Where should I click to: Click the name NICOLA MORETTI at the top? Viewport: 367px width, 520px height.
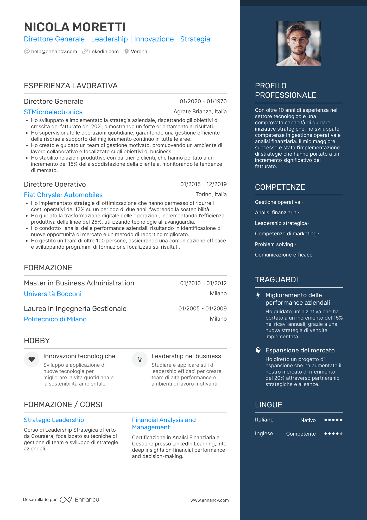click(x=75, y=27)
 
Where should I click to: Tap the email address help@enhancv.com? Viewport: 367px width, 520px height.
click(x=54, y=52)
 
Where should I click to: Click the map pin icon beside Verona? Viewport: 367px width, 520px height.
click(x=126, y=52)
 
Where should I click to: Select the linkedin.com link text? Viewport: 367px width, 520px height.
click(x=104, y=52)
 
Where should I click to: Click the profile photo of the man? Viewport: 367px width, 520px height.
click(x=299, y=43)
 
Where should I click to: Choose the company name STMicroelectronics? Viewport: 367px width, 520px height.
click(x=53, y=112)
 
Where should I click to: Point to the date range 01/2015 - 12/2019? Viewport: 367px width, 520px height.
click(x=203, y=184)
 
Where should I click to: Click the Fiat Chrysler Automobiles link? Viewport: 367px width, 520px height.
click(x=63, y=195)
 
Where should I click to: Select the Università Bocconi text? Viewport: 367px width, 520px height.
click(x=53, y=294)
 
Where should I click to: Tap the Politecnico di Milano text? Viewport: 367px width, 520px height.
click(x=55, y=319)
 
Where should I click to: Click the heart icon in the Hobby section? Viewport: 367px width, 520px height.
click(x=31, y=359)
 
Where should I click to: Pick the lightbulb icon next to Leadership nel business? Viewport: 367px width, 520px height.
click(x=140, y=359)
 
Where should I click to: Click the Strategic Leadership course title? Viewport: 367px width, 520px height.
click(x=54, y=420)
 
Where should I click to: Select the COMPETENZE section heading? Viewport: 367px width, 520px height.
click(x=280, y=187)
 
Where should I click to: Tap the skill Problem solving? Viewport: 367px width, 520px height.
click(x=274, y=244)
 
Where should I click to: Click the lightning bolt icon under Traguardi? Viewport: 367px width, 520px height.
click(x=258, y=295)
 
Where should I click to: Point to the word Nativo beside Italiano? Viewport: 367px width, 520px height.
click(x=308, y=420)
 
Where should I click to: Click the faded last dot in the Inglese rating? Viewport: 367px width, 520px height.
click(x=341, y=434)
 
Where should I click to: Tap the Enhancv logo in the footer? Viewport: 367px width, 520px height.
click(x=79, y=500)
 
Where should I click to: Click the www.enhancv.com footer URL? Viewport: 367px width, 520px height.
click(x=210, y=500)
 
